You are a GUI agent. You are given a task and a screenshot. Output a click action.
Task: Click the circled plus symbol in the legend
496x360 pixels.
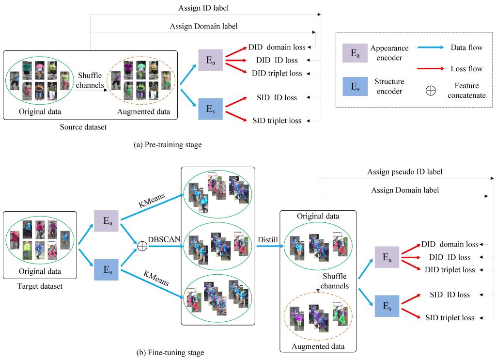click(x=430, y=91)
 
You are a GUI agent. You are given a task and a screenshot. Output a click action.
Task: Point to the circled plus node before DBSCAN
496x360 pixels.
click(x=142, y=247)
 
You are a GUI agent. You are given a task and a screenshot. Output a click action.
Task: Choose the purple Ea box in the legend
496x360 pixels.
click(x=353, y=52)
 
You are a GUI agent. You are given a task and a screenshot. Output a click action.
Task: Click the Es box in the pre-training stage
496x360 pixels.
click(x=210, y=109)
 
